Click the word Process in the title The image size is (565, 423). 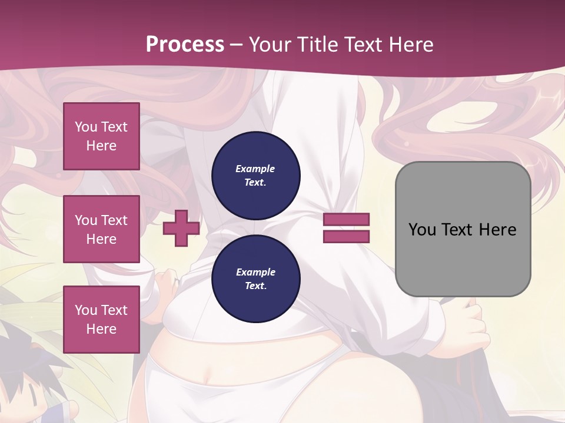pyautogui.click(x=185, y=44)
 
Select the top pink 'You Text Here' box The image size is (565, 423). pyautogui.click(x=101, y=136)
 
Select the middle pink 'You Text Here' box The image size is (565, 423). pyautogui.click(x=101, y=229)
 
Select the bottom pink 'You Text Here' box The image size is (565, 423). pyautogui.click(x=101, y=320)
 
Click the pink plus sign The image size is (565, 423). pyautogui.click(x=181, y=228)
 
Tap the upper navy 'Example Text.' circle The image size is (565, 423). pyautogui.click(x=255, y=175)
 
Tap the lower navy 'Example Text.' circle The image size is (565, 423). pyautogui.click(x=255, y=279)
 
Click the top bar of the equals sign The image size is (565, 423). pyautogui.click(x=346, y=219)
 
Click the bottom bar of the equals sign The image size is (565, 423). pyautogui.click(x=346, y=237)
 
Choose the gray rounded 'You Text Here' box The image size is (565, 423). pyautogui.click(x=463, y=229)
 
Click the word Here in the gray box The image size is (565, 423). pyautogui.click(x=497, y=229)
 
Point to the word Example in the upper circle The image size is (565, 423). pyautogui.click(x=255, y=169)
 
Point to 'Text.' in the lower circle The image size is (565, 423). pyautogui.click(x=255, y=286)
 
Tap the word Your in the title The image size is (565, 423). pyautogui.click(x=268, y=44)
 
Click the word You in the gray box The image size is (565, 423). pyautogui.click(x=421, y=229)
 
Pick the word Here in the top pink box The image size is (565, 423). pyautogui.click(x=101, y=146)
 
